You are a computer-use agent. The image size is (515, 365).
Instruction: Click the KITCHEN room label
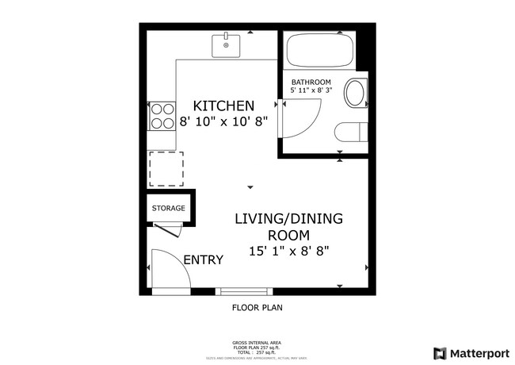(224, 106)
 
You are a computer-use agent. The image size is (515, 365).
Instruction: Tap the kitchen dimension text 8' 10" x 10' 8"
(224, 121)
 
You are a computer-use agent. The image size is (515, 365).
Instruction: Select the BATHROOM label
(311, 83)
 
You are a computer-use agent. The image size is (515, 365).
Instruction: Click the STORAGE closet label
(168, 209)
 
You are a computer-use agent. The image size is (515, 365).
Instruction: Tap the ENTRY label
(203, 260)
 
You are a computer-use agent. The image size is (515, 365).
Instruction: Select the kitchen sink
(227, 45)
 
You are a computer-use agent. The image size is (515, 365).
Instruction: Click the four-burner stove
(162, 116)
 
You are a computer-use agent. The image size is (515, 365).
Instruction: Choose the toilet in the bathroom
(352, 133)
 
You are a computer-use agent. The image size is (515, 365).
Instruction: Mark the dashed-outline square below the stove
(166, 168)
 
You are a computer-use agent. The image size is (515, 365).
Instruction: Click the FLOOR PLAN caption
(257, 307)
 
